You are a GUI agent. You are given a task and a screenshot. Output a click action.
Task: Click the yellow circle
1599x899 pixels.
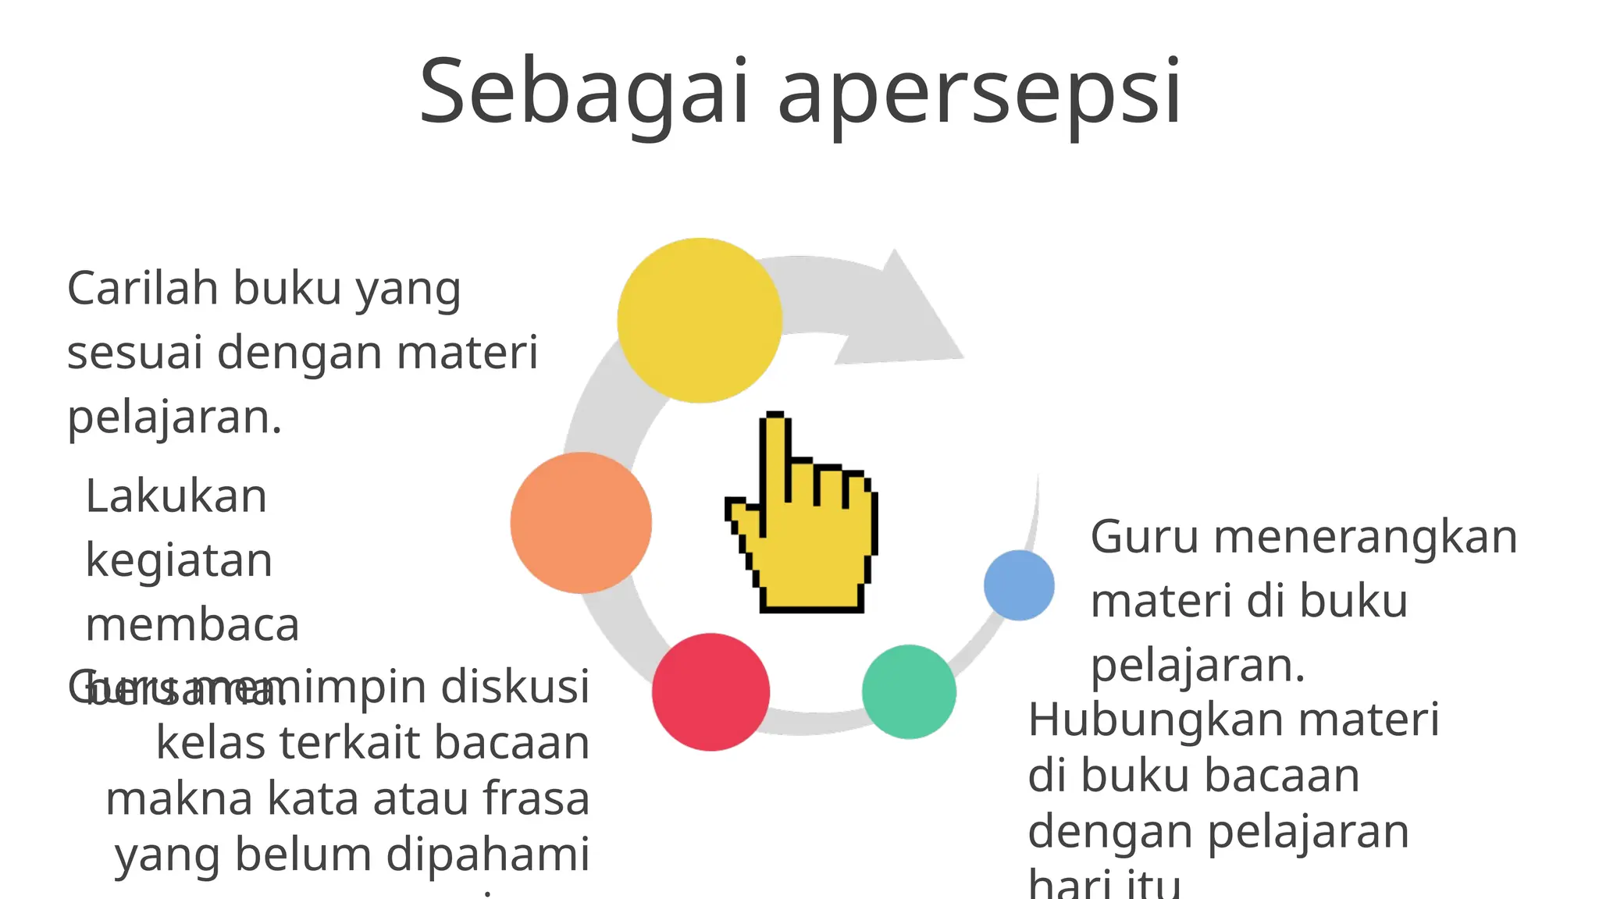pyautogui.click(x=700, y=320)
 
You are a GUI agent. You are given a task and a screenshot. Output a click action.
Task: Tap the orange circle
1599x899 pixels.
pyautogui.click(x=581, y=522)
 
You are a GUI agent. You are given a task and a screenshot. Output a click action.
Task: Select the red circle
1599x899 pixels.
pyautogui.click(x=710, y=691)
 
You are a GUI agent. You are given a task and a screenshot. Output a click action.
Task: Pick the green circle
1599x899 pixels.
pyautogui.click(x=909, y=691)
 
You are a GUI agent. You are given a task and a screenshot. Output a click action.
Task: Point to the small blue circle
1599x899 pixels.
pyautogui.click(x=1019, y=585)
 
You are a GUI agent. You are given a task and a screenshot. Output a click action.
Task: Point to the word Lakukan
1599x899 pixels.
pyautogui.click(x=176, y=496)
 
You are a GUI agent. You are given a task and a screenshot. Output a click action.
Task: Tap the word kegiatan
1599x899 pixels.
pyautogui.click(x=179, y=562)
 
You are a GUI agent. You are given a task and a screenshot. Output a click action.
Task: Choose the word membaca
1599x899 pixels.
pyautogui.click(x=192, y=625)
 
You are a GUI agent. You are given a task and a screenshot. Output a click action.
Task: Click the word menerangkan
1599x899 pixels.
pyautogui.click(x=1365, y=537)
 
